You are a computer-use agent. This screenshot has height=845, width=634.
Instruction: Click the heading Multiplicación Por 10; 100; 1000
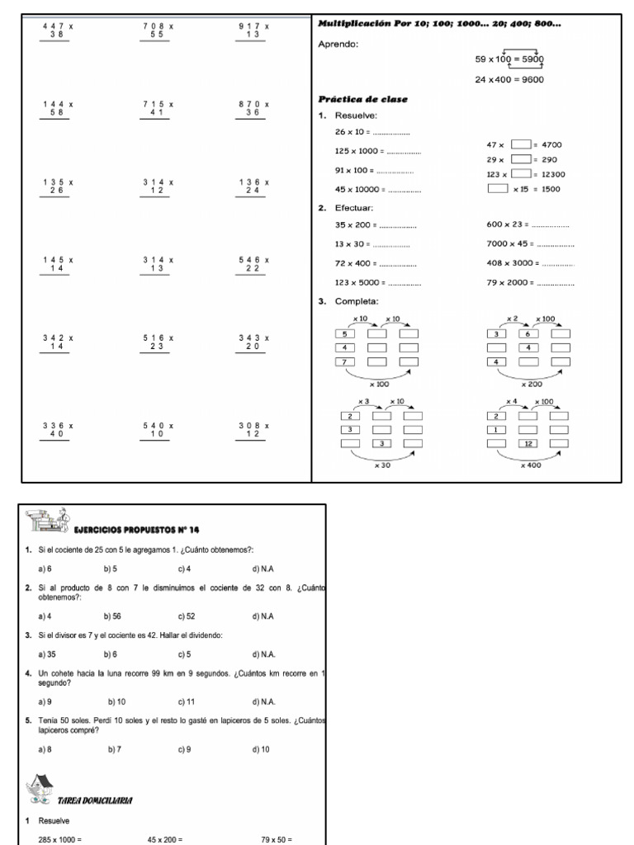(439, 24)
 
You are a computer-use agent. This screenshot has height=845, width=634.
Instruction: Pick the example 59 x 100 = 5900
(509, 59)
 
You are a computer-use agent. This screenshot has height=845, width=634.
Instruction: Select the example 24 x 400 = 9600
(509, 79)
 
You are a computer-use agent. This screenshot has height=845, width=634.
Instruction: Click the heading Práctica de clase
(362, 99)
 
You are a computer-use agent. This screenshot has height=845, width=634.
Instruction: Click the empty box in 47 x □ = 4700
(520, 144)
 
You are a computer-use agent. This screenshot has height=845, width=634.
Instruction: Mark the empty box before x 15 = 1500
(498, 189)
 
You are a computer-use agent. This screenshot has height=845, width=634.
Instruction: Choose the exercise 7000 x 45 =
(530, 243)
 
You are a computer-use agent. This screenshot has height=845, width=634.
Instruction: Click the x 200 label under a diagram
(532, 384)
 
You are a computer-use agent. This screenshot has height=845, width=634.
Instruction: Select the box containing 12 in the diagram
(528, 443)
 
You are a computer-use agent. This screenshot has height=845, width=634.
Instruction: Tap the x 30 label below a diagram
(381, 465)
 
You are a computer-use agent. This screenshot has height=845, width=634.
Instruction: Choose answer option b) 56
(112, 616)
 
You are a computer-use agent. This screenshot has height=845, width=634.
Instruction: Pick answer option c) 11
(185, 701)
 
